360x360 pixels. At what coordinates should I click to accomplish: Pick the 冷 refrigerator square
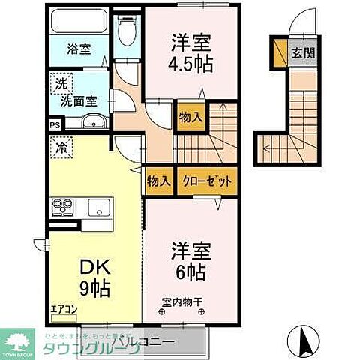[58, 148]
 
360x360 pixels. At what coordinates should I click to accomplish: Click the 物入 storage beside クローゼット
[158, 181]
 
